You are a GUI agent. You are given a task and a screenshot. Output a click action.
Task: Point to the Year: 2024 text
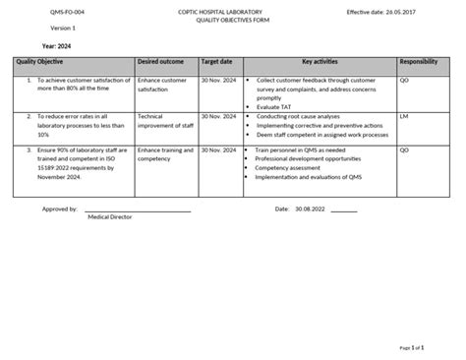(57, 44)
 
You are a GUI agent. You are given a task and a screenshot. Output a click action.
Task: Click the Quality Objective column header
(40, 61)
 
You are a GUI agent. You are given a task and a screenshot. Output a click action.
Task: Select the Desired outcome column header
(160, 61)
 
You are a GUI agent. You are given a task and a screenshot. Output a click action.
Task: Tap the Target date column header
(216, 61)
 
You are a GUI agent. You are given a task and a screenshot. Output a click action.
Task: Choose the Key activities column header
(320, 61)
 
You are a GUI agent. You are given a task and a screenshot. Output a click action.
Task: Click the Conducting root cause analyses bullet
(299, 116)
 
